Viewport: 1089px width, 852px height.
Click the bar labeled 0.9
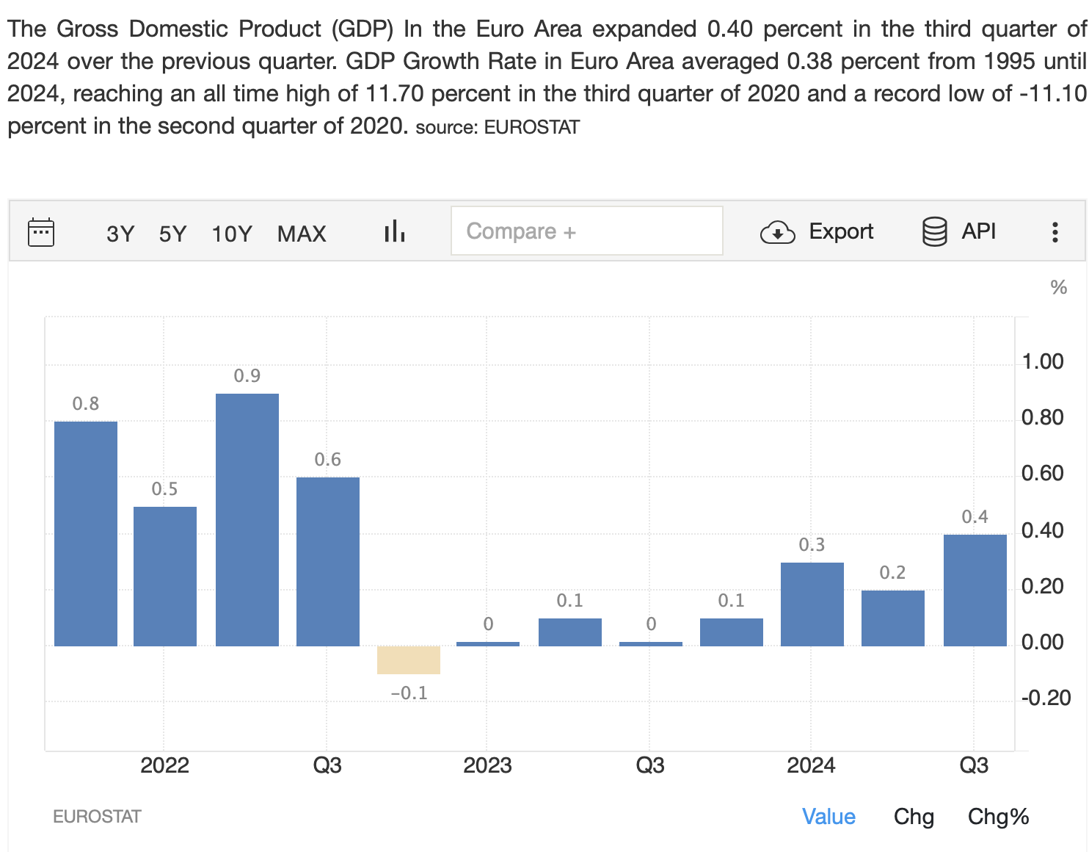(247, 519)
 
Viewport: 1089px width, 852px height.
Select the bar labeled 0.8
(86, 533)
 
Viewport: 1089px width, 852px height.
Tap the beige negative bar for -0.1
(409, 660)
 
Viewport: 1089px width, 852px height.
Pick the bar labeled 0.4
(975, 590)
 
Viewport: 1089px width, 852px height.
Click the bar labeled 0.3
(812, 604)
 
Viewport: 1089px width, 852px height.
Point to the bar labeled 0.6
(328, 561)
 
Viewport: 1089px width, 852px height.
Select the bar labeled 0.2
(892, 618)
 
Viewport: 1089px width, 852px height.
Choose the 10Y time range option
(232, 234)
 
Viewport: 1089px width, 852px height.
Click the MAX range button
(302, 234)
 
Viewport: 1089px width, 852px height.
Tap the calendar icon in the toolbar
(41, 232)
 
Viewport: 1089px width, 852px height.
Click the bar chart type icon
(395, 231)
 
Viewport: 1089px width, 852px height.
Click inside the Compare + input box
(586, 231)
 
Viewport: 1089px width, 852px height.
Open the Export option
(817, 231)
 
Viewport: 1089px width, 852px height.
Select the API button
(959, 231)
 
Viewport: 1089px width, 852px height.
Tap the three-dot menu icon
(1055, 232)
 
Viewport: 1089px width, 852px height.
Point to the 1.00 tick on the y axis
(1042, 361)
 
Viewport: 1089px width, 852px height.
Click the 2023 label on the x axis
(487, 765)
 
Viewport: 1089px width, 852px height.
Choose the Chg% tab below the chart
(998, 817)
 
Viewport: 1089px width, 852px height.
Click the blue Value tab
(828, 817)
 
